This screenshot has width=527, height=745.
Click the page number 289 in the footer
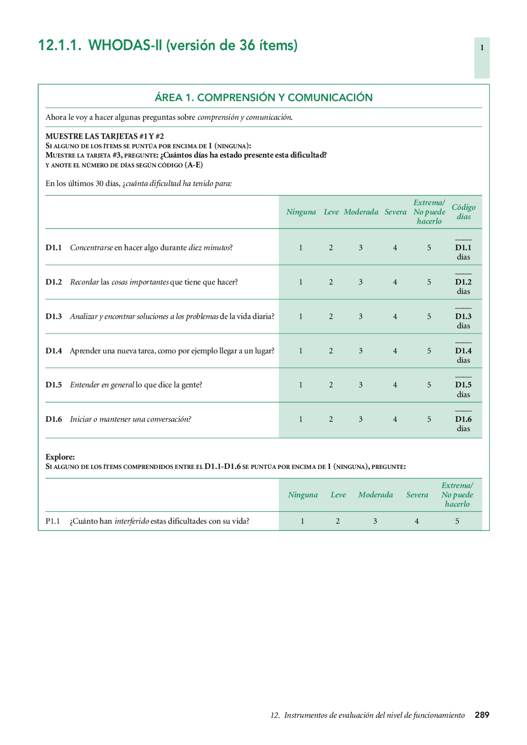(482, 715)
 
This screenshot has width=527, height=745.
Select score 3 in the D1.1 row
(361, 248)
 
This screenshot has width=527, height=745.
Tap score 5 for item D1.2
(429, 282)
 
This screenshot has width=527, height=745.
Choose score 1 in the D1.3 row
(301, 316)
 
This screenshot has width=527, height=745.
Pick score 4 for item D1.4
(395, 351)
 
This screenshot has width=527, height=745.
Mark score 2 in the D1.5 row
(331, 385)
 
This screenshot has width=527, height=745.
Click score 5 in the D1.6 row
(429, 419)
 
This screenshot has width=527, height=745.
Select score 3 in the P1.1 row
(375, 521)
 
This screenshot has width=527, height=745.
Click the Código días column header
(464, 212)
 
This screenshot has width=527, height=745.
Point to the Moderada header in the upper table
(361, 212)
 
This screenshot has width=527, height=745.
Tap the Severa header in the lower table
(417, 495)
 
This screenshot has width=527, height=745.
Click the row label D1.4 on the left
(54, 351)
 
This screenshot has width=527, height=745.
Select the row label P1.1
(53, 521)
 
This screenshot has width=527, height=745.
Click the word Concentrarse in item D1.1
(91, 248)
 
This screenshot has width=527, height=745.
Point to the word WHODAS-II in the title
(126, 45)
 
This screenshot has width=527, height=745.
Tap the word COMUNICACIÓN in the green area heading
(330, 97)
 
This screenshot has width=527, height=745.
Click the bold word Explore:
(60, 457)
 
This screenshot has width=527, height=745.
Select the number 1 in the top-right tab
(482, 48)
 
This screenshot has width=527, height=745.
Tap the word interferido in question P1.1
(132, 521)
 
